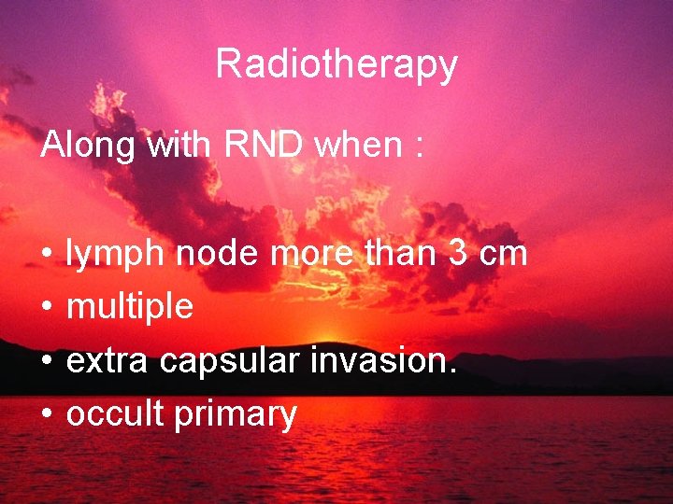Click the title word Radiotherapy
[x=336, y=64]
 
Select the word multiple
[x=130, y=307]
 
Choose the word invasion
[x=383, y=360]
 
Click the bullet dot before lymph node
[x=46, y=255]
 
